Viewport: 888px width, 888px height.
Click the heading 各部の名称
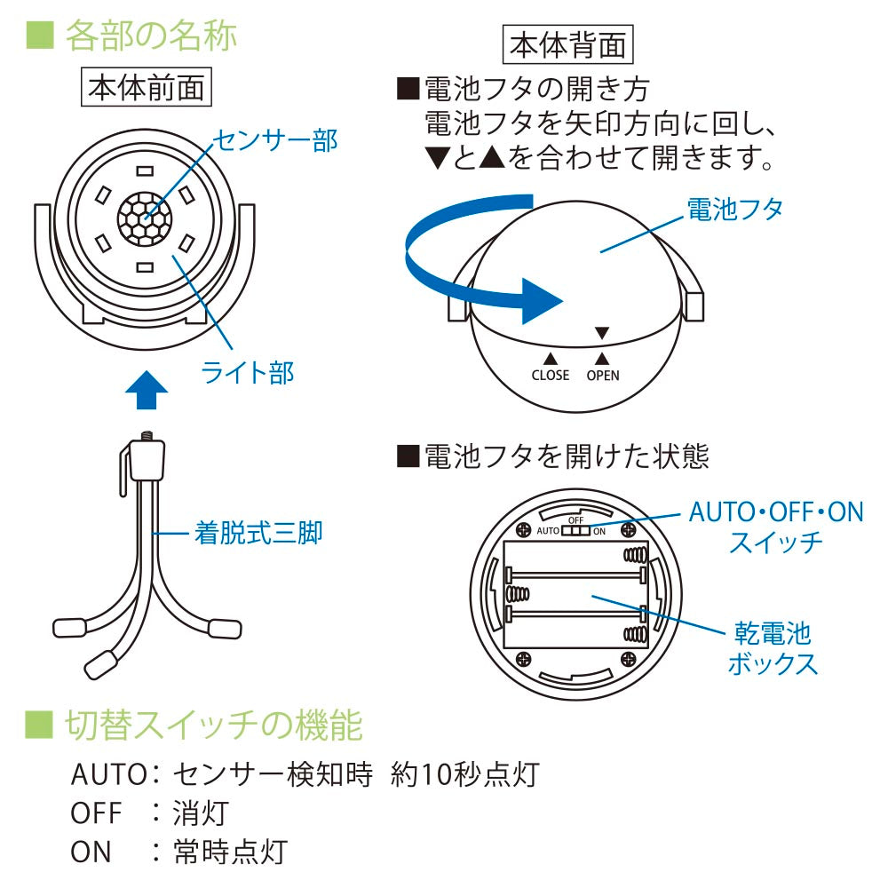coord(147,36)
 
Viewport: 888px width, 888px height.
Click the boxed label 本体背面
coord(566,45)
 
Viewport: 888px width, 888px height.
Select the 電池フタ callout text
coord(735,210)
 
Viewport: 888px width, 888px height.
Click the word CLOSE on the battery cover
coord(550,376)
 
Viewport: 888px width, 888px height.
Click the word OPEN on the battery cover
coord(603,376)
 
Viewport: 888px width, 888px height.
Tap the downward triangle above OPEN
coord(602,333)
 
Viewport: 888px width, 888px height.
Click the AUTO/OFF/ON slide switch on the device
coord(575,530)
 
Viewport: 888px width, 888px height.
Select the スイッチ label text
coord(775,543)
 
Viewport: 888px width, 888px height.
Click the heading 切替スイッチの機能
coord(213,726)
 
